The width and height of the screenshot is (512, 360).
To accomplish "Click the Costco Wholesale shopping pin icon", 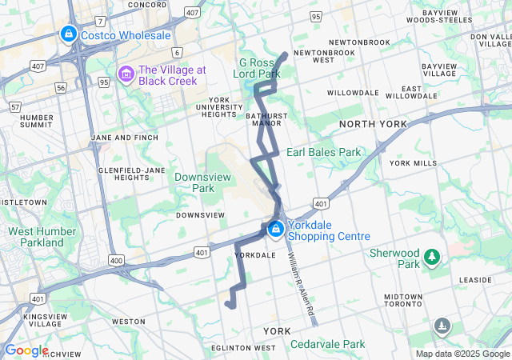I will click(69, 35).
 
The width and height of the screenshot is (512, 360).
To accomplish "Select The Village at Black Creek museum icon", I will click(126, 74).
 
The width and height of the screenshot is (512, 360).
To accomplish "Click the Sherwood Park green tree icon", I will click(432, 257).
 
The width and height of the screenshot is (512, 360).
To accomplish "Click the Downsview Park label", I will click(195, 182).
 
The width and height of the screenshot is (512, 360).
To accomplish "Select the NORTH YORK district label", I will click(373, 124).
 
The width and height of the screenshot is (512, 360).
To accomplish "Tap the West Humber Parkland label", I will click(37, 237).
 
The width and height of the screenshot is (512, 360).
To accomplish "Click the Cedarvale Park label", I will click(327, 344).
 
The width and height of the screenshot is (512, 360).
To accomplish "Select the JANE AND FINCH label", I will click(122, 138).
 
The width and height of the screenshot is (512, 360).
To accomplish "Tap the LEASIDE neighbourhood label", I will click(476, 280).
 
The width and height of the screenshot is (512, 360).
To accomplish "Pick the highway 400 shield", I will click(117, 261).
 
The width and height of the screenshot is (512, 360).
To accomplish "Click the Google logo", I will click(26, 350).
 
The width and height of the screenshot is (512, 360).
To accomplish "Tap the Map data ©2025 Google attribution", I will click(462, 354).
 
